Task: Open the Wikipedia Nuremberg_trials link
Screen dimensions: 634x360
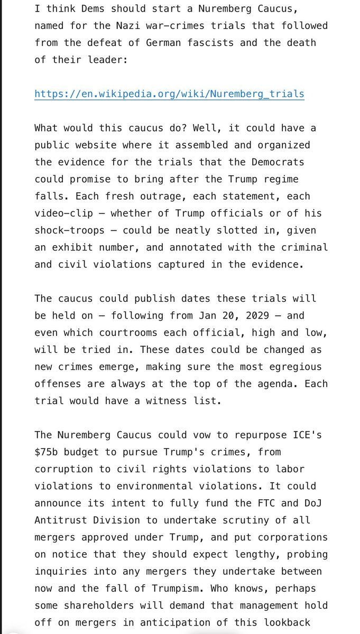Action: [169, 94]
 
